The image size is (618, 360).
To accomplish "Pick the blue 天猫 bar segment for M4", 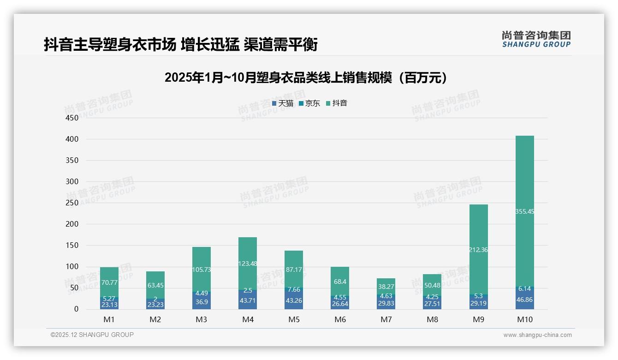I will (x=248, y=300).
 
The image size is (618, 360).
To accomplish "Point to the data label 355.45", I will (x=524, y=211).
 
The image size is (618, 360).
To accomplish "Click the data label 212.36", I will (x=478, y=250).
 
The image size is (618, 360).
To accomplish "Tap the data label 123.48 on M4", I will (x=248, y=264).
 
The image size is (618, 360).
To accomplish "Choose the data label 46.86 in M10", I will (x=524, y=299).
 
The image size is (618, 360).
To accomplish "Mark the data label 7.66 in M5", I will (x=294, y=289).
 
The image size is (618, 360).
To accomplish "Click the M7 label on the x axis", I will (x=386, y=319).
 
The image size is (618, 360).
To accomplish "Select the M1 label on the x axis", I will (x=109, y=319).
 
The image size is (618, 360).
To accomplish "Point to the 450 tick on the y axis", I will (x=72, y=118).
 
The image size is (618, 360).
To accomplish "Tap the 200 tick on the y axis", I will (x=72, y=224).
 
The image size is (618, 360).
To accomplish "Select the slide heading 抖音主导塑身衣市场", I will (x=181, y=45).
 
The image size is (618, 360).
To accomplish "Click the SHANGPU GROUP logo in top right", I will (x=536, y=39).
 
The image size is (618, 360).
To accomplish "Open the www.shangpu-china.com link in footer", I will (x=537, y=335).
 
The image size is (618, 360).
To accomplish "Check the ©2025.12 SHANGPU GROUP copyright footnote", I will (x=92, y=335).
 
